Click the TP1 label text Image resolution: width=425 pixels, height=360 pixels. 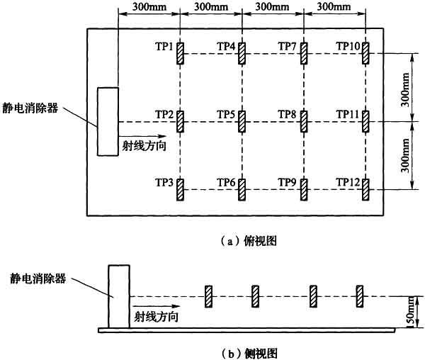tap(164, 47)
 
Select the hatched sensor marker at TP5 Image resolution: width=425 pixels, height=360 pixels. tap(242, 121)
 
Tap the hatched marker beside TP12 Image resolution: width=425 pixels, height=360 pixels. tap(365, 189)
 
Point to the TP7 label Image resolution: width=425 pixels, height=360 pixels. tap(288, 47)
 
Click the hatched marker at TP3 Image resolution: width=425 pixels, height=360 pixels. tap(180, 189)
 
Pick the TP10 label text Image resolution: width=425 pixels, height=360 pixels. tap(348, 47)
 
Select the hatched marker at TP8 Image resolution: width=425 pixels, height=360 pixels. tap(304, 121)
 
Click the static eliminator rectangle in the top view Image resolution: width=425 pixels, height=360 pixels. tap(108, 122)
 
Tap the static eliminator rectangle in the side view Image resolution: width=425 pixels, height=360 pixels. tap(119, 296)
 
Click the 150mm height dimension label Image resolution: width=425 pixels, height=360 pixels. tap(412, 313)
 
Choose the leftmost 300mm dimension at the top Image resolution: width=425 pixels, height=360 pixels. tap(149, 7)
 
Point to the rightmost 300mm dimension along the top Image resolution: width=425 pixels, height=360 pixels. tap(334, 7)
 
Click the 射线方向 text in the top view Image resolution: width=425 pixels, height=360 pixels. tap(144, 146)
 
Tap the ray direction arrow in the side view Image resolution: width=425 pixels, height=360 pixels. tap(156, 306)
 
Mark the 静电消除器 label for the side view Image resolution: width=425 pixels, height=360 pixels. tap(38, 278)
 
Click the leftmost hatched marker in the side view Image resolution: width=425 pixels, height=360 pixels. tap(208, 296)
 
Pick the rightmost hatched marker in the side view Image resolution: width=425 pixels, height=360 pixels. tap(360, 296)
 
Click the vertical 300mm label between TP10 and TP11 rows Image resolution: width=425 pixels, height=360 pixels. tap(405, 89)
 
